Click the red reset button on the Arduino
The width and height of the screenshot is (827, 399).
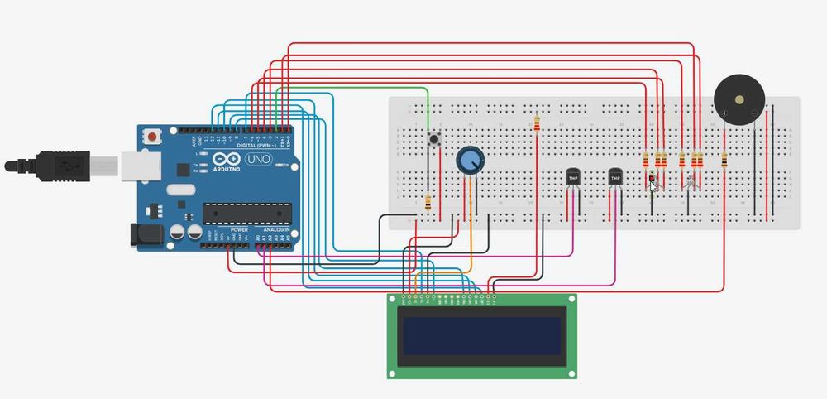tap(153, 135)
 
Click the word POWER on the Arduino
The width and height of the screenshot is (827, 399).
tap(239, 229)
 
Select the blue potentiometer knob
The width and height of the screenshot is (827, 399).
tap(470, 160)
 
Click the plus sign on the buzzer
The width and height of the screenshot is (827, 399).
tap(724, 112)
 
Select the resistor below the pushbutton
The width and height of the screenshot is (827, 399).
tap(428, 201)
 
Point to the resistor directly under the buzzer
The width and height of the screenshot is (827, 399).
tap(724, 158)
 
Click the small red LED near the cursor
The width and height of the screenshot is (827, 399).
tap(651, 178)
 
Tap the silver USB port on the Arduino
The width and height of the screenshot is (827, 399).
tap(132, 165)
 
